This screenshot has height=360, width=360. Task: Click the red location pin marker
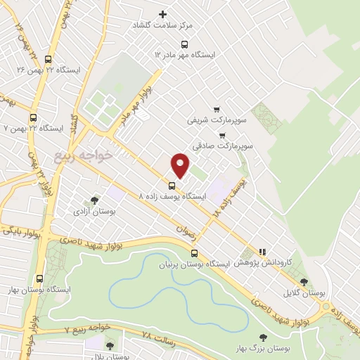180,165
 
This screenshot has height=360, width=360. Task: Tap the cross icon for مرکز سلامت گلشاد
164,14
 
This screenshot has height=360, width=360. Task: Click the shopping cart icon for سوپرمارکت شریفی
217,109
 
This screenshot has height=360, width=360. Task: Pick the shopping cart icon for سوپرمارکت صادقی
222,136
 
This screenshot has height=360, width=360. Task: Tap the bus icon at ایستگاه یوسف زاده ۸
172,186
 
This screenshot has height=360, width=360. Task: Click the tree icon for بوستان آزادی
95,200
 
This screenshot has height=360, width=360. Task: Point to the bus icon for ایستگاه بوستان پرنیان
195,254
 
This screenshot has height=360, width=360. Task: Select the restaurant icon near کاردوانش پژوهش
262,251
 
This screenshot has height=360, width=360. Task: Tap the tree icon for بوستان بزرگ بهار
264,338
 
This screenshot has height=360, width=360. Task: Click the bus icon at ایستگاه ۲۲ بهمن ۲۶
48,60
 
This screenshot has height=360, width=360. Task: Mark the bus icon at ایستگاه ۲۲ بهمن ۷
33,118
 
